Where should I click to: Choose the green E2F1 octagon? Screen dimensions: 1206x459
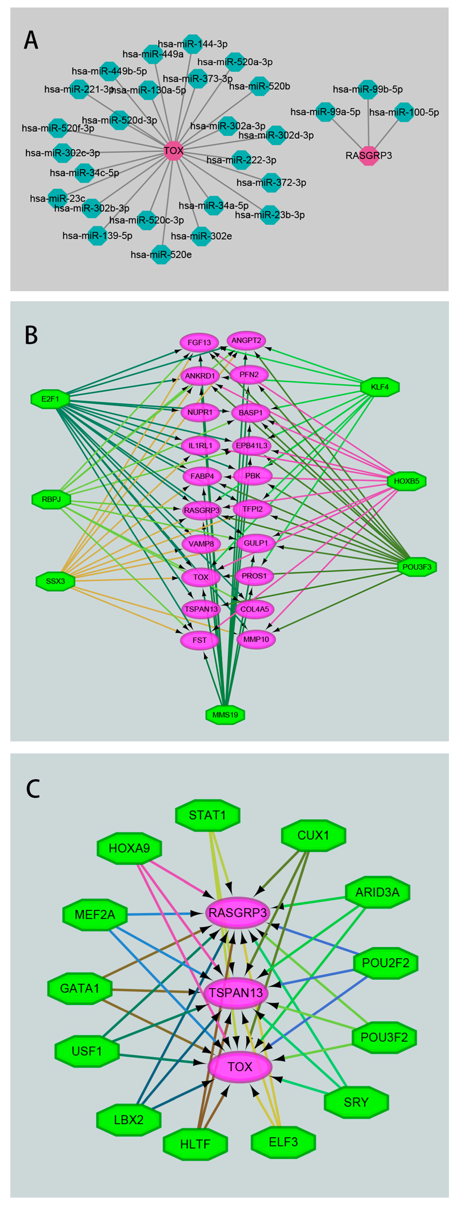[x=50, y=399]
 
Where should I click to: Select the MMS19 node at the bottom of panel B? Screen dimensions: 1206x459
[x=225, y=715]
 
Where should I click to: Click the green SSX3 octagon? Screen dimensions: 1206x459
[x=55, y=581]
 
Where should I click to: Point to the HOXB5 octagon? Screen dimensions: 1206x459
[x=407, y=481]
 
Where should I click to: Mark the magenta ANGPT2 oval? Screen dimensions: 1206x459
[x=246, y=340]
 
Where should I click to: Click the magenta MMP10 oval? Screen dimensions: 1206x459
[x=256, y=639]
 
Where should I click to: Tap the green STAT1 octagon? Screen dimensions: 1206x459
[x=208, y=815]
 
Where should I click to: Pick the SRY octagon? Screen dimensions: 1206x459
[x=356, y=1102]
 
